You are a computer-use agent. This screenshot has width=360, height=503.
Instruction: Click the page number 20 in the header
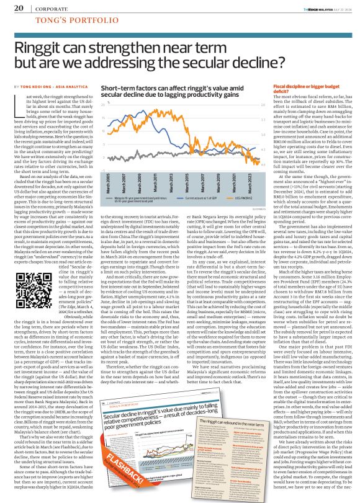[x=19, y=8]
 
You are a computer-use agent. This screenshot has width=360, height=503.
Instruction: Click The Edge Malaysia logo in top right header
[x=311, y=7]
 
